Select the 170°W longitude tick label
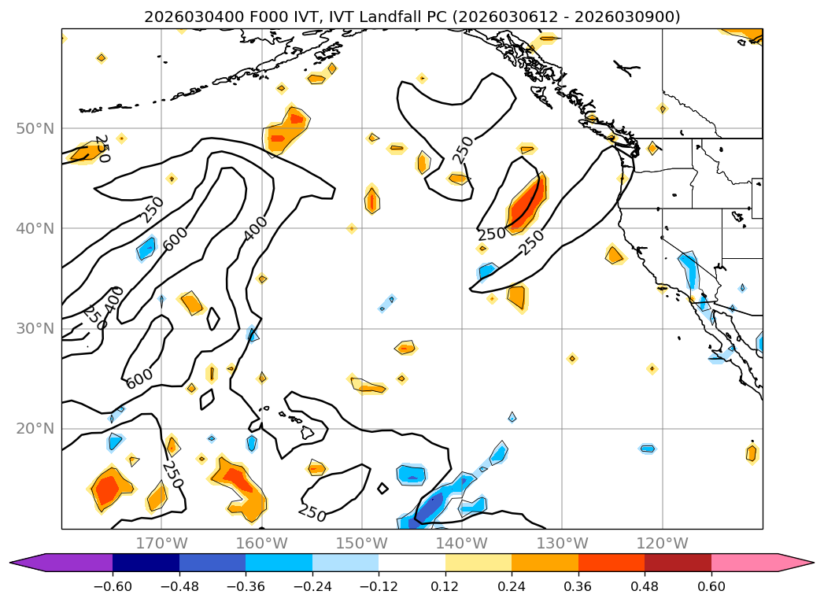coord(161,543)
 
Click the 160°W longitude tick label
coord(261,543)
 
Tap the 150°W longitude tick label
coord(361,543)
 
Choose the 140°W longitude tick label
coord(461,543)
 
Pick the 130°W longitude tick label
coord(561,543)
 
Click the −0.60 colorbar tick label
coord(113,585)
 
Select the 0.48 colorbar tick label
coord(645,585)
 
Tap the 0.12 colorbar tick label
coord(445,585)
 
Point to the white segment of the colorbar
coord(412,563)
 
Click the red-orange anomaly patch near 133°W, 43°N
coord(526,202)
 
